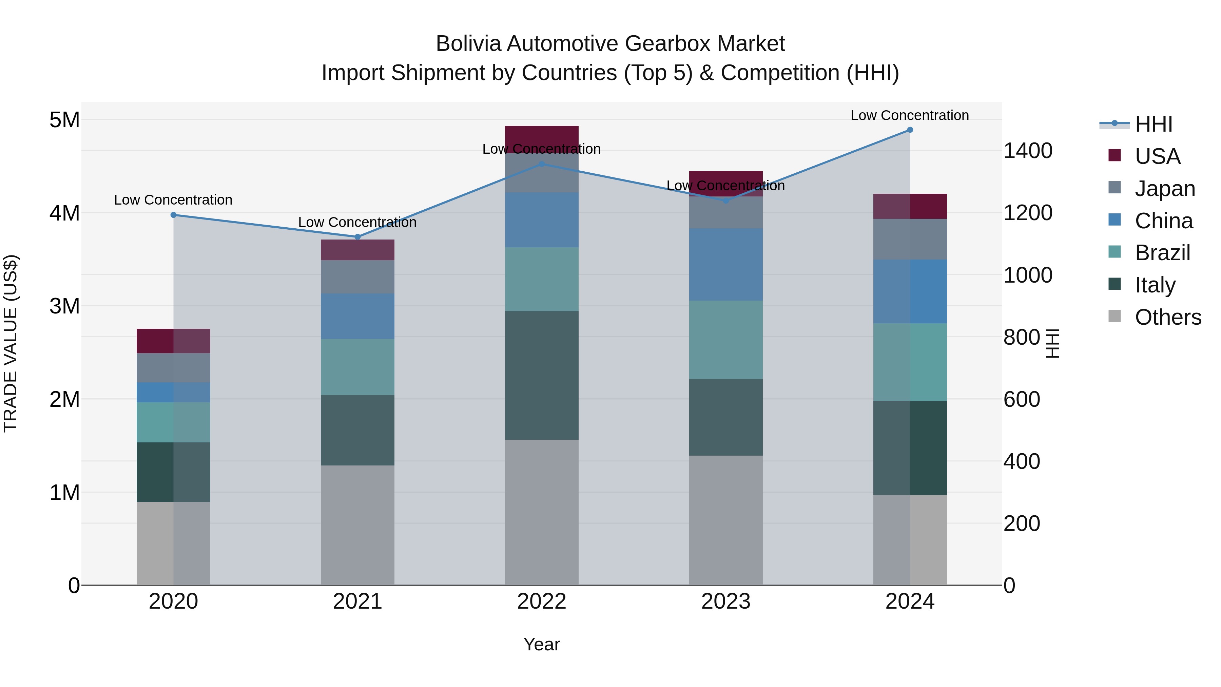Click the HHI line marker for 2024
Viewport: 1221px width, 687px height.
[910, 130]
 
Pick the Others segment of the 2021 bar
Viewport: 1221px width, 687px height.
[357, 525]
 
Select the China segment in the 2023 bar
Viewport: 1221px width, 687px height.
[726, 265]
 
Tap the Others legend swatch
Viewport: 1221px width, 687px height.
[1115, 316]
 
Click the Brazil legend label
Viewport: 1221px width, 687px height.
[1162, 253]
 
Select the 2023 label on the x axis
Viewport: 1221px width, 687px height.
[726, 602]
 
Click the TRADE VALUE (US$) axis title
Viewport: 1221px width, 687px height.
[11, 343]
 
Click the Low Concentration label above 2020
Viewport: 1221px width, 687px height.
[173, 200]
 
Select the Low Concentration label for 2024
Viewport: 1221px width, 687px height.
[910, 116]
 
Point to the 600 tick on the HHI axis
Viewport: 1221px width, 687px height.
[1022, 399]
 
